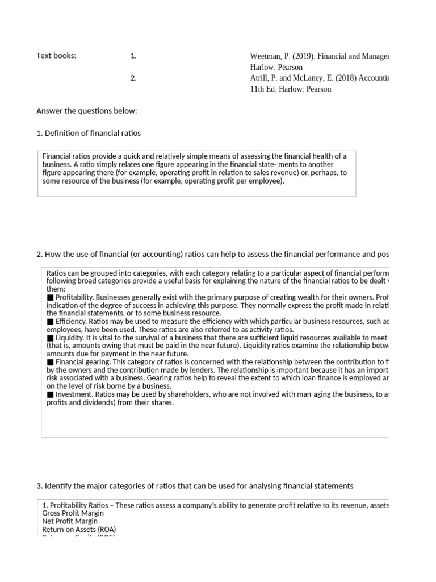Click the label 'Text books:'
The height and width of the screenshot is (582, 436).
(x=56, y=56)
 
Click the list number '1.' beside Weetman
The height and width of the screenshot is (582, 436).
(x=133, y=56)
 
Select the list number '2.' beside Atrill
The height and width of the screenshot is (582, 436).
(x=133, y=78)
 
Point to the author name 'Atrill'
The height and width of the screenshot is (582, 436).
(x=261, y=78)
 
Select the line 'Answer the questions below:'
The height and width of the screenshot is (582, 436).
(x=87, y=110)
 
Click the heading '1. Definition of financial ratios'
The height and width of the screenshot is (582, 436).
(x=89, y=133)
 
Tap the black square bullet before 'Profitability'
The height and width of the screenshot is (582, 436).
(x=50, y=297)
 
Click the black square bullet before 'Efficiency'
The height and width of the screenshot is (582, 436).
(x=50, y=321)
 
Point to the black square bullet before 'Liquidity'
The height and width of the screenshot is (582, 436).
(x=50, y=338)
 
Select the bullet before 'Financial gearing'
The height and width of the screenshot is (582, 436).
(x=50, y=361)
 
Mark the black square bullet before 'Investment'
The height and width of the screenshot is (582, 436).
(x=50, y=394)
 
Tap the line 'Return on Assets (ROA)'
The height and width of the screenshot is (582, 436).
(x=79, y=529)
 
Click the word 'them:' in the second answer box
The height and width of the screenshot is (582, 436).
(x=56, y=289)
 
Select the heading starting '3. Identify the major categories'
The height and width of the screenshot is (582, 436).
(x=195, y=485)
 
